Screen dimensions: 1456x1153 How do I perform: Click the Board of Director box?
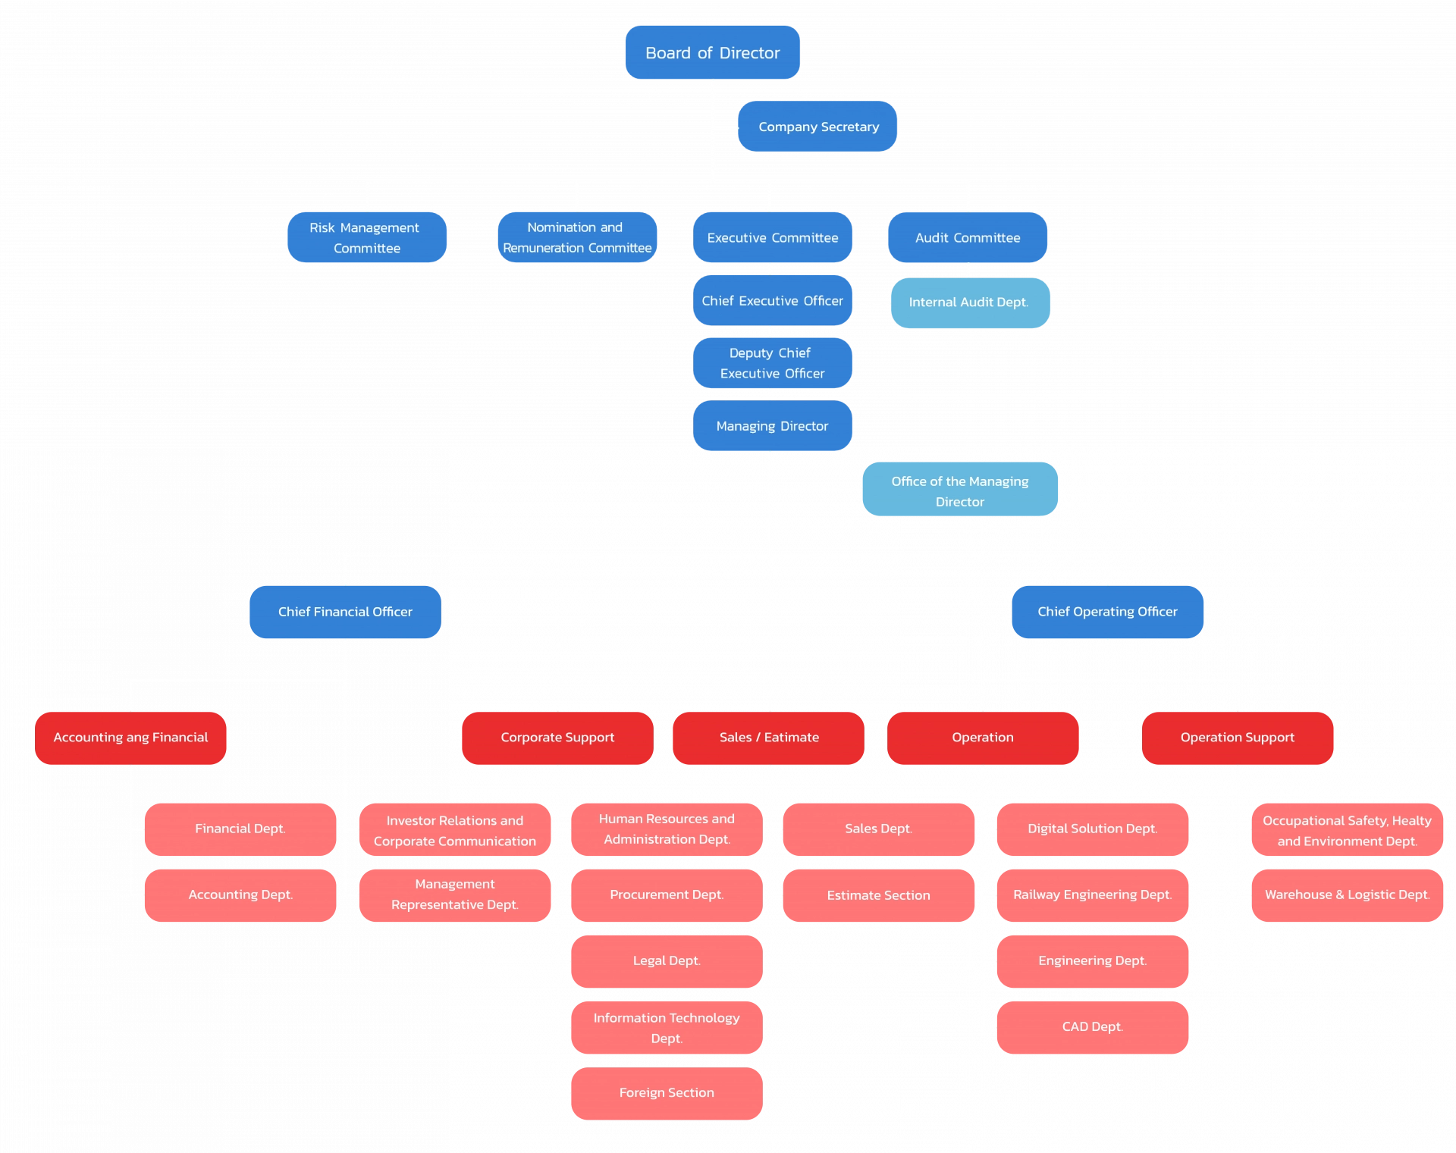712,52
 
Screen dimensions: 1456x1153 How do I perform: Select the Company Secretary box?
817,126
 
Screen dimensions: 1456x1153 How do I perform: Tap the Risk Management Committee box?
367,237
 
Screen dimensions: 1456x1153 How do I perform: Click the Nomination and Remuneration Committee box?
577,237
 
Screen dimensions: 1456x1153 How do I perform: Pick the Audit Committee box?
968,237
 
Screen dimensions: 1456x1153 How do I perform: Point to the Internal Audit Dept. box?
970,302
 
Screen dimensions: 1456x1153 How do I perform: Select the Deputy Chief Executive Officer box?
772,363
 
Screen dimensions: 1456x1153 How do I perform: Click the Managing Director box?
772,425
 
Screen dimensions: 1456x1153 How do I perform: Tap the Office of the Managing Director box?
960,489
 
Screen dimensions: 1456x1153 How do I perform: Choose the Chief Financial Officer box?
345,612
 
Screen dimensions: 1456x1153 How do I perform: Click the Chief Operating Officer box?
1107,612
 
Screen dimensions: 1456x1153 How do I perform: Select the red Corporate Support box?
557,738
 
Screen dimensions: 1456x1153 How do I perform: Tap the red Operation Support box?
1238,738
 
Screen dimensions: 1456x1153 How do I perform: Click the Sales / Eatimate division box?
768,738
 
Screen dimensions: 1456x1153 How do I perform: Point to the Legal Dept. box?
667,961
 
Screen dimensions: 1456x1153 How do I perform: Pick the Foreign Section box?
667,1093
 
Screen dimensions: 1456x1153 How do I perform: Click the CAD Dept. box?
1093,1027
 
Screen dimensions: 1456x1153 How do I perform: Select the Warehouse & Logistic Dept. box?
1348,895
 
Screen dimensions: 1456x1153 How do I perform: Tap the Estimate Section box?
879,895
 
